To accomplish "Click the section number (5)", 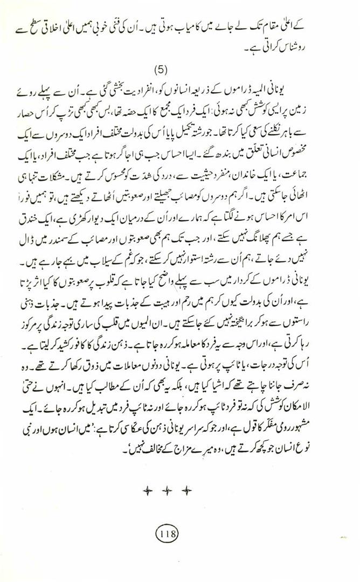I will (x=162, y=70).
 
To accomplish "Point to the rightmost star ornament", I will (x=186, y=490).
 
